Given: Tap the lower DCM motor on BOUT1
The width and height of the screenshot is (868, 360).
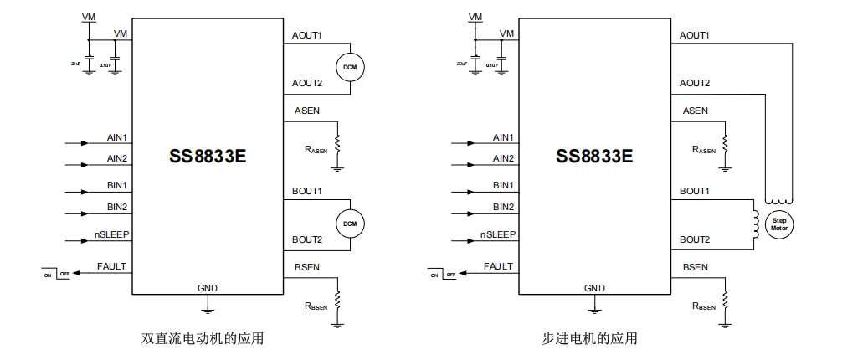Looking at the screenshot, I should tap(350, 223).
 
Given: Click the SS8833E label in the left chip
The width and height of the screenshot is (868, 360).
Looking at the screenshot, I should tap(207, 157).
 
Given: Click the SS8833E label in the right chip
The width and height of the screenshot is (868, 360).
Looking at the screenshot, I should tap(594, 157).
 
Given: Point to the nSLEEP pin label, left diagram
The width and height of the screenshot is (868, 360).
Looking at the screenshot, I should tap(111, 234).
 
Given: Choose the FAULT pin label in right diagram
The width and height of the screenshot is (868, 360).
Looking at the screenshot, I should tap(499, 266).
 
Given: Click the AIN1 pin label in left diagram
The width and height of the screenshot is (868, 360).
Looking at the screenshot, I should tap(117, 137).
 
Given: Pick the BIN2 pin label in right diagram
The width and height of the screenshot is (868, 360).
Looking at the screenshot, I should tap(503, 207).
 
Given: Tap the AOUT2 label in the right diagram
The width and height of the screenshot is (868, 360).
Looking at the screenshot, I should tap(695, 83).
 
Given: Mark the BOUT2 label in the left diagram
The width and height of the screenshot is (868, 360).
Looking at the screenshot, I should tap(307, 239).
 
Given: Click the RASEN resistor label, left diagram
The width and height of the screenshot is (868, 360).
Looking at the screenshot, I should tap(316, 150).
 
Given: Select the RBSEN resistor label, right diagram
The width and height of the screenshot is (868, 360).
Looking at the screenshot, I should tap(704, 306).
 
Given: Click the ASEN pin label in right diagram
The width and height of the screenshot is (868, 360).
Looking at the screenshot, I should tap(695, 111).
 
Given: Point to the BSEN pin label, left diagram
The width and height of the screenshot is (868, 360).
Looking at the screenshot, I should tap(306, 267).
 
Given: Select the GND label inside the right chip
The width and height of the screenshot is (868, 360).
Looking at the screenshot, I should tap(594, 288).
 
